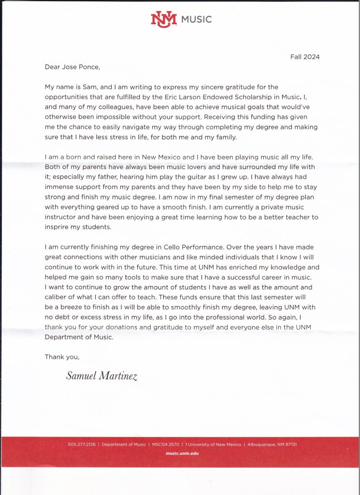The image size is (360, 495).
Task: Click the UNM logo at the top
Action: pos(164,19)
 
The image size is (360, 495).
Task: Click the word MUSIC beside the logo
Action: pos(196,20)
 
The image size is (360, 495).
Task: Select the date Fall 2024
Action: pos(305,57)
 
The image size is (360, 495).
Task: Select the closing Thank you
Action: pos(62,357)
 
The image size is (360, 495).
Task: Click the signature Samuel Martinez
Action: pos(102,376)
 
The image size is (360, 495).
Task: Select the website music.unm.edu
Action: pos(182,453)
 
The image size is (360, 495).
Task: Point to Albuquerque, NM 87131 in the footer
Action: pos(273,444)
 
